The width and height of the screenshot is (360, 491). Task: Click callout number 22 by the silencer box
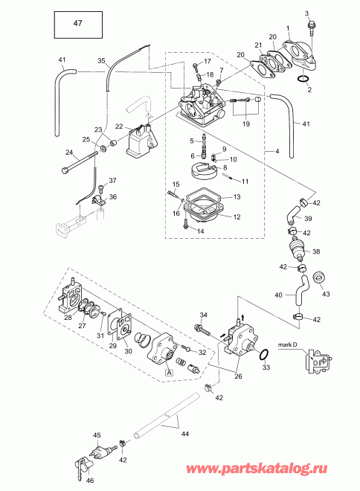pos(119,126)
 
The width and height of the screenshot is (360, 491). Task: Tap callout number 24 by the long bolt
pos(69,153)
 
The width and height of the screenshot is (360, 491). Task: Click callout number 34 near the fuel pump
pos(203,315)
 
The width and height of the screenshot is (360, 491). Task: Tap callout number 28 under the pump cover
pos(68,318)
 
